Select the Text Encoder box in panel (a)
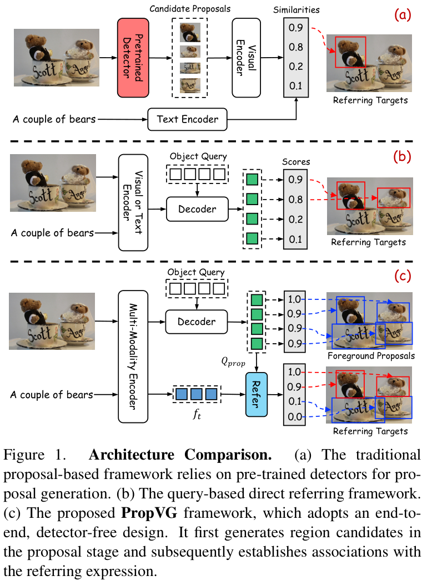pos(187,119)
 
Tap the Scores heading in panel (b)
pos(296,162)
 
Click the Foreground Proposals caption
pos(371,355)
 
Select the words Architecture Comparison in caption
pos(180,456)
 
